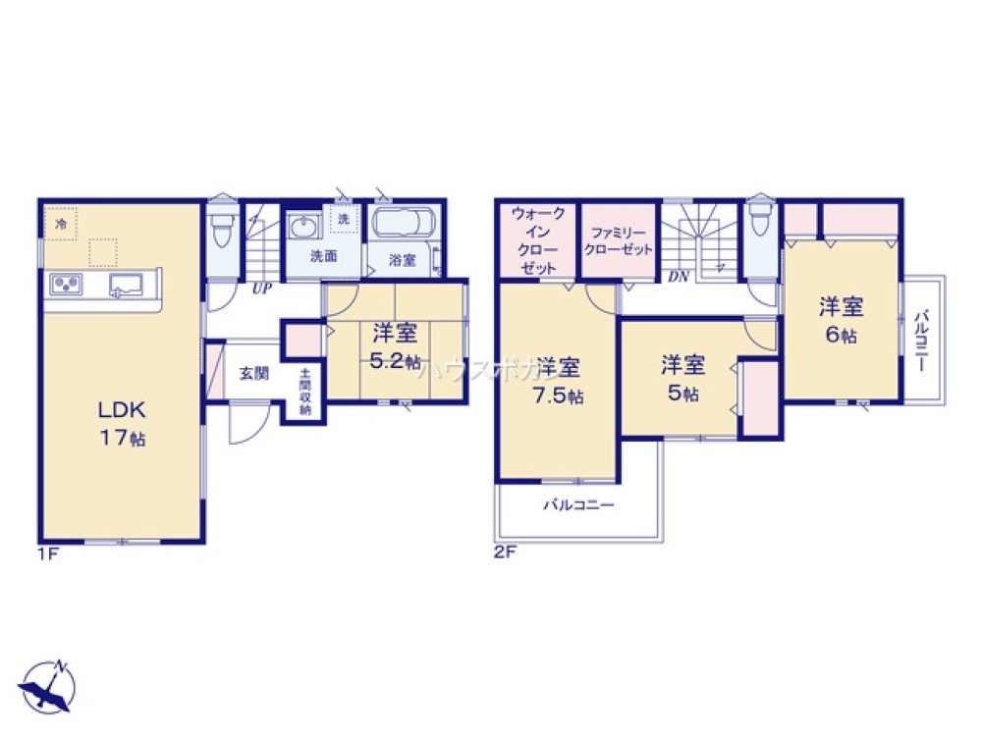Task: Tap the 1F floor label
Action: coord(49,552)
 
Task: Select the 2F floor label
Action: coord(504,552)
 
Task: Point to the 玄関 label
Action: coord(252,373)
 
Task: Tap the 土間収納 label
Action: coord(305,390)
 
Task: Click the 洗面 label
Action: coord(324,258)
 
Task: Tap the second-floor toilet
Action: coord(759,226)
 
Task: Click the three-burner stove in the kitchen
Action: coord(65,285)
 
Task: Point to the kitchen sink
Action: coord(126,286)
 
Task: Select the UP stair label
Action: coord(261,289)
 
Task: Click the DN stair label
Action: coord(679,277)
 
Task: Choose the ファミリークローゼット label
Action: coord(618,242)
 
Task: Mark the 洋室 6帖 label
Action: coord(842,320)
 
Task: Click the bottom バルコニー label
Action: coord(579,506)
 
